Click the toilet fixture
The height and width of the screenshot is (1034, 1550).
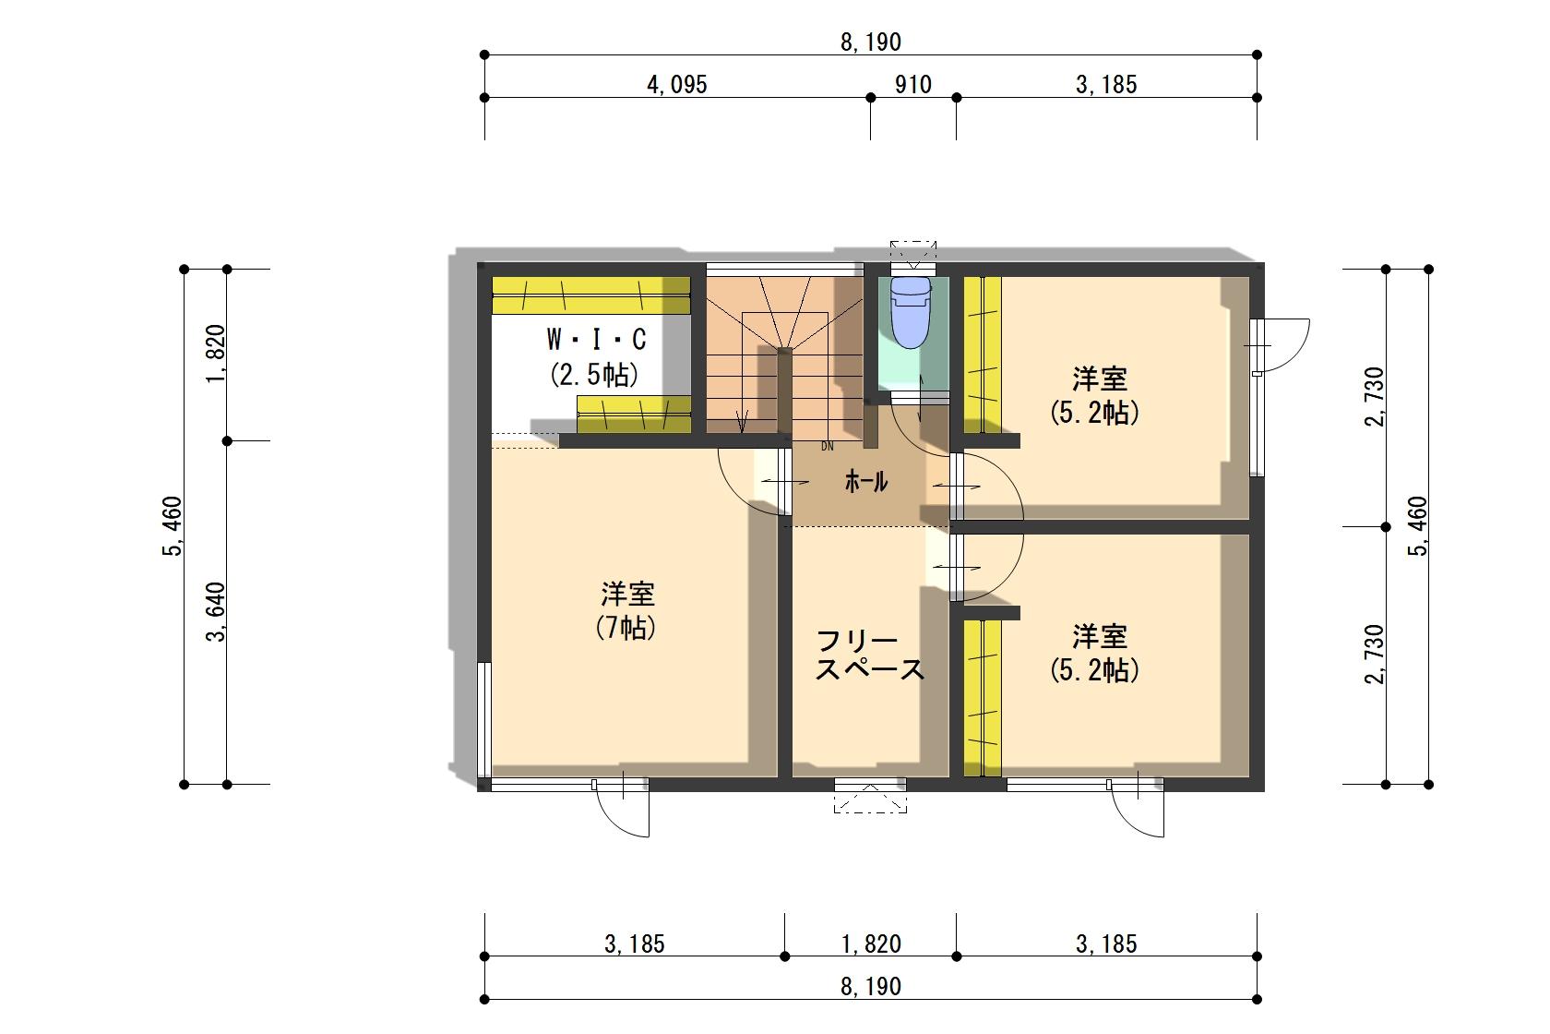tap(911, 312)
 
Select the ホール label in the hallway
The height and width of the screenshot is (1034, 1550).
tap(865, 481)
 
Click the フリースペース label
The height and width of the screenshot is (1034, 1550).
tap(870, 655)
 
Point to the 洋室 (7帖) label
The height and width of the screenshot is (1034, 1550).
tap(626, 610)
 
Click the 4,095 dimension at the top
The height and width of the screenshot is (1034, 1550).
tap(677, 85)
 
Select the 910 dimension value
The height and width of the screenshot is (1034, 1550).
tap(912, 85)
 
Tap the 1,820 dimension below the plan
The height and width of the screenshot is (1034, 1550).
tap(871, 944)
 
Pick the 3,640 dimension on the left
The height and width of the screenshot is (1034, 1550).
tap(216, 612)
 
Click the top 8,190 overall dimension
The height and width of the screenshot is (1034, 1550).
tap(871, 42)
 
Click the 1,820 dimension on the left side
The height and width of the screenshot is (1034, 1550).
tap(216, 354)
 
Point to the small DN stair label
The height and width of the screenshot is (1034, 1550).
tap(828, 447)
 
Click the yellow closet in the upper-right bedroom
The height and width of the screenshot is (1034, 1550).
tap(983, 355)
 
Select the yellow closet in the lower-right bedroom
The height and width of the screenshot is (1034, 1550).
tap(983, 698)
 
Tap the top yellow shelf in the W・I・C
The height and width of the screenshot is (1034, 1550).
tap(590, 295)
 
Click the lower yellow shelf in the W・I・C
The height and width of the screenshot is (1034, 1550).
tap(634, 415)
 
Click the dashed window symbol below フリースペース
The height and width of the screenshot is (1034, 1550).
tap(870, 799)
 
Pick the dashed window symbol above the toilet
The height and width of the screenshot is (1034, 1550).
tap(912, 254)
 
